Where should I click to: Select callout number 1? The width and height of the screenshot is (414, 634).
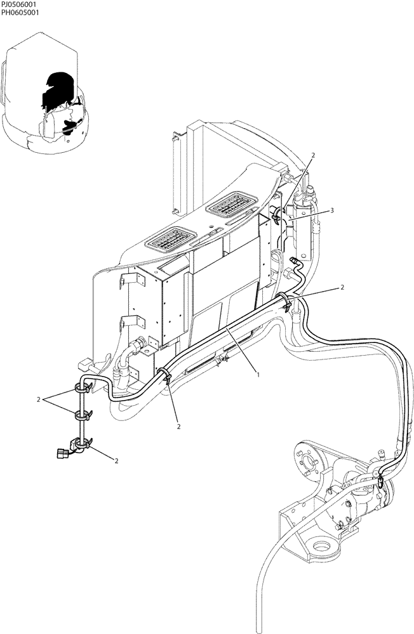tap(258, 375)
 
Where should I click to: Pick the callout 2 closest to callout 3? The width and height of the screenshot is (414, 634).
tap(312, 155)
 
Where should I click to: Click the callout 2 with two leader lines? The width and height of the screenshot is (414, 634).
tap(39, 400)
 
